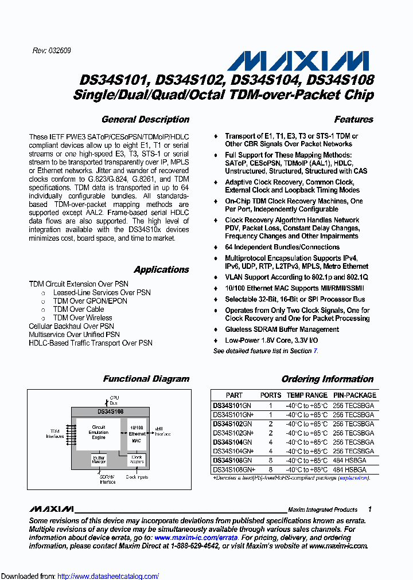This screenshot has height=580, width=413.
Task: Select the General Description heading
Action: click(x=145, y=120)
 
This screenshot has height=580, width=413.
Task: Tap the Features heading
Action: click(x=353, y=120)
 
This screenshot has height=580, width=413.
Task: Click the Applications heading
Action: click(x=161, y=270)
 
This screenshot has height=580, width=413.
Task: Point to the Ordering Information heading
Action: click(x=327, y=379)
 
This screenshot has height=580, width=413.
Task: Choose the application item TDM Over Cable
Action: click(x=79, y=309)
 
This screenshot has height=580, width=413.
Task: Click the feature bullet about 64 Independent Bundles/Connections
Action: click(x=282, y=247)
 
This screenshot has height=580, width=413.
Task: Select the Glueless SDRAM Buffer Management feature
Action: click(x=282, y=330)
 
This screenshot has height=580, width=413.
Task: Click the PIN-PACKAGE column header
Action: click(x=354, y=395)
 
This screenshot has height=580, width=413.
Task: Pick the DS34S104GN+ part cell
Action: click(x=233, y=451)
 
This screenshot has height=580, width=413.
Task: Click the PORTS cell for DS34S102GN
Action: click(x=271, y=423)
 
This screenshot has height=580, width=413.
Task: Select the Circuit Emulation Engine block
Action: click(x=98, y=433)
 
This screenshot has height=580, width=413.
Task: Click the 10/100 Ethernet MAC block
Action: click(x=137, y=434)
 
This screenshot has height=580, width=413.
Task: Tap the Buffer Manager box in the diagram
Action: click(x=99, y=460)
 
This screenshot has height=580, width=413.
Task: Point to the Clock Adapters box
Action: click(x=137, y=459)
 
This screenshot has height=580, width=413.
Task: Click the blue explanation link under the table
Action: click(x=353, y=477)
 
